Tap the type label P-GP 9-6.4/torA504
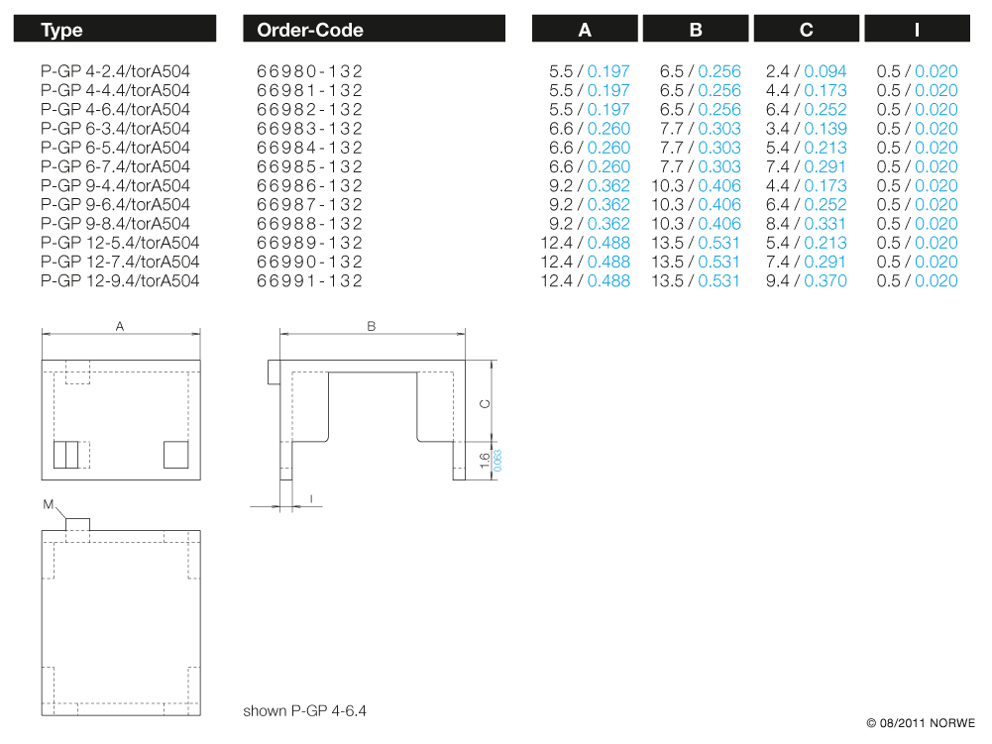pyautogui.click(x=116, y=204)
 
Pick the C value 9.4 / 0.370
pyautogui.click(x=807, y=280)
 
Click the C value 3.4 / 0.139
pyautogui.click(x=807, y=129)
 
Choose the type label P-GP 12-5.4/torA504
pyautogui.click(x=120, y=243)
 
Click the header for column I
pyautogui.click(x=917, y=30)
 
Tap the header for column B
pyautogui.click(x=696, y=30)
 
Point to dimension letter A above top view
pyautogui.click(x=120, y=326)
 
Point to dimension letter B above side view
pyautogui.click(x=371, y=326)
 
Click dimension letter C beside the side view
pyautogui.click(x=483, y=403)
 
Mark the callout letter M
pyautogui.click(x=48, y=504)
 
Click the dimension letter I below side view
pyautogui.click(x=312, y=498)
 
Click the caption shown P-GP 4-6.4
pyautogui.click(x=305, y=711)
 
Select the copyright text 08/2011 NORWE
pyautogui.click(x=921, y=723)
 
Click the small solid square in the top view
pyautogui.click(x=176, y=455)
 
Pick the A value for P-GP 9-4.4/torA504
pyautogui.click(x=590, y=185)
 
